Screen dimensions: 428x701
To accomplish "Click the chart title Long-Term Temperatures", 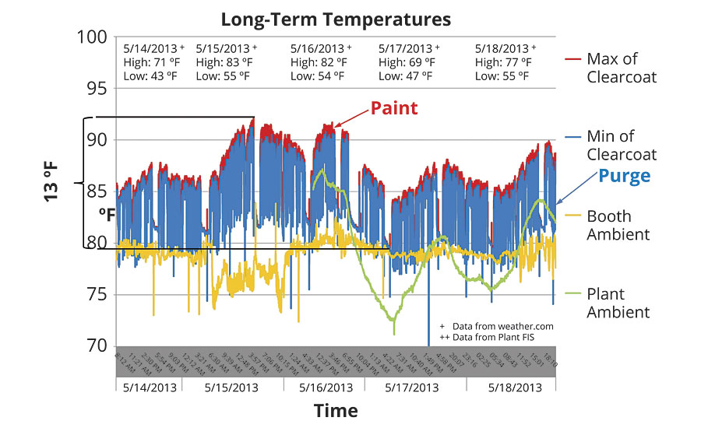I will pyautogui.click(x=335, y=17).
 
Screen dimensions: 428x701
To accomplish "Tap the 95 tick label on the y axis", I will pyautogui.click(x=99, y=89).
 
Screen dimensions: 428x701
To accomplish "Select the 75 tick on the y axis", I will pyautogui.click(x=99, y=294).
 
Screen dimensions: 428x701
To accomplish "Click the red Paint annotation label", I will pyautogui.click(x=394, y=108).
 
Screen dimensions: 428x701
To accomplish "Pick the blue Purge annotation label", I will pyautogui.click(x=624, y=176).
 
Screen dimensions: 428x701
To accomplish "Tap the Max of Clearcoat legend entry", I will pyautogui.click(x=622, y=68).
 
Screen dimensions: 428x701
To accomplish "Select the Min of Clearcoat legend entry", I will pyautogui.click(x=622, y=145).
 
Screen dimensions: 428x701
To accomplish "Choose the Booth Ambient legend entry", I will pyautogui.click(x=620, y=225).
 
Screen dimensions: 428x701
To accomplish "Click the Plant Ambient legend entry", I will pyautogui.click(x=618, y=303).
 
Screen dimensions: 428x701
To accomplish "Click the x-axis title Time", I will pyautogui.click(x=336, y=410).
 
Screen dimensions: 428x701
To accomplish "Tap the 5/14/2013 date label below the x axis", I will pyautogui.click(x=148, y=387).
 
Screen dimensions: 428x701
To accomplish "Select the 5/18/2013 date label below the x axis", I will pyautogui.click(x=515, y=387).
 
